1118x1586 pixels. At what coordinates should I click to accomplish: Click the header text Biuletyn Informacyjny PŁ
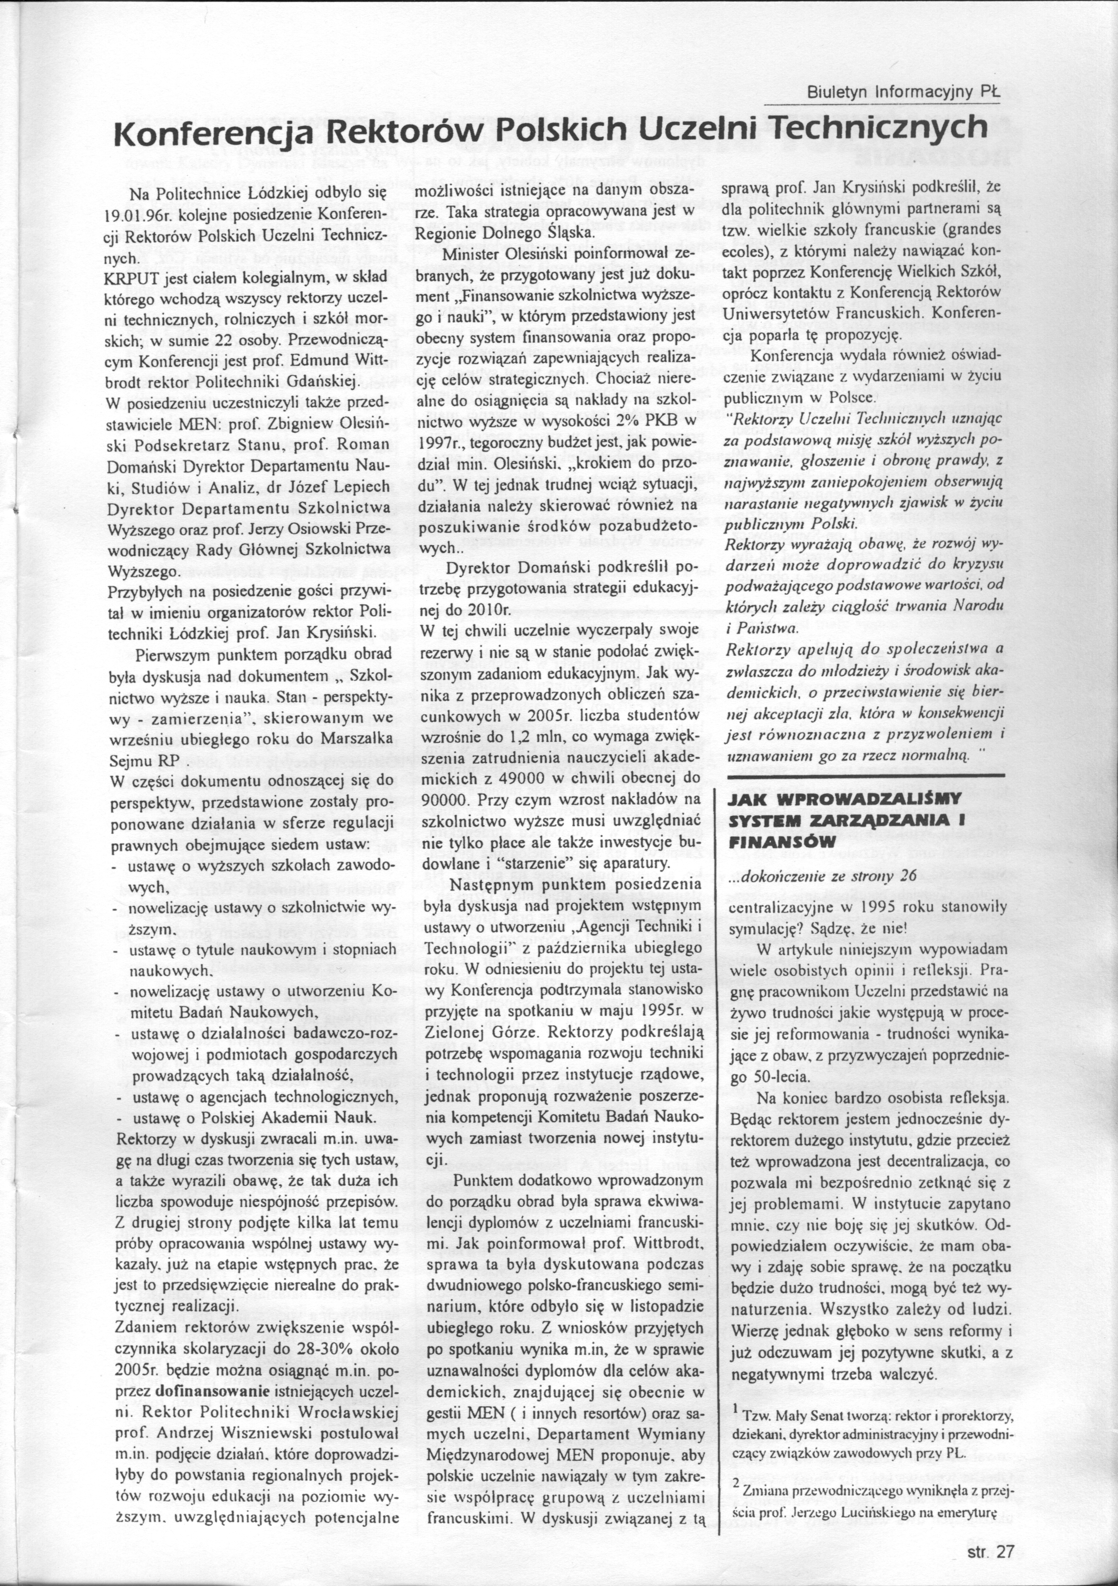point(902,92)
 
